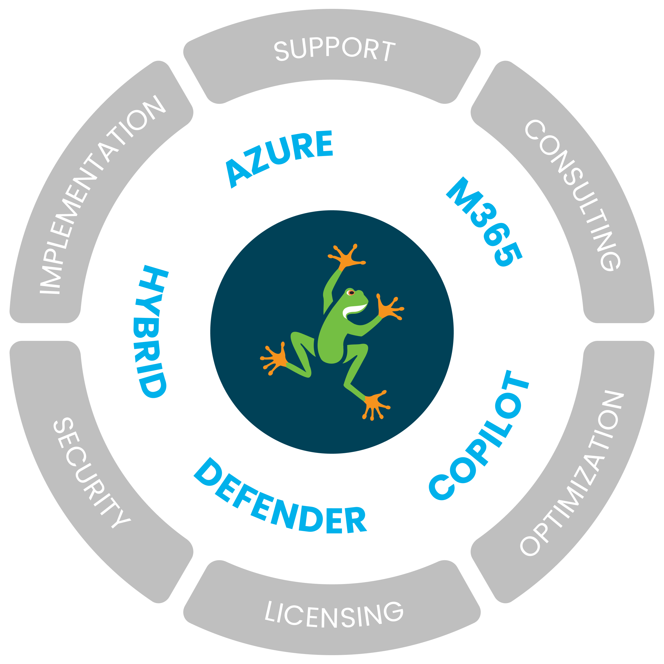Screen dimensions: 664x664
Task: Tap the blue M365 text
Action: pos(485,222)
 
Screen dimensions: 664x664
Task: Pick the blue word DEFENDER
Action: pos(280,498)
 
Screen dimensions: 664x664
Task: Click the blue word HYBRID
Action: pos(152,332)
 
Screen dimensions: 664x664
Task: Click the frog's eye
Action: pos(351,293)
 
